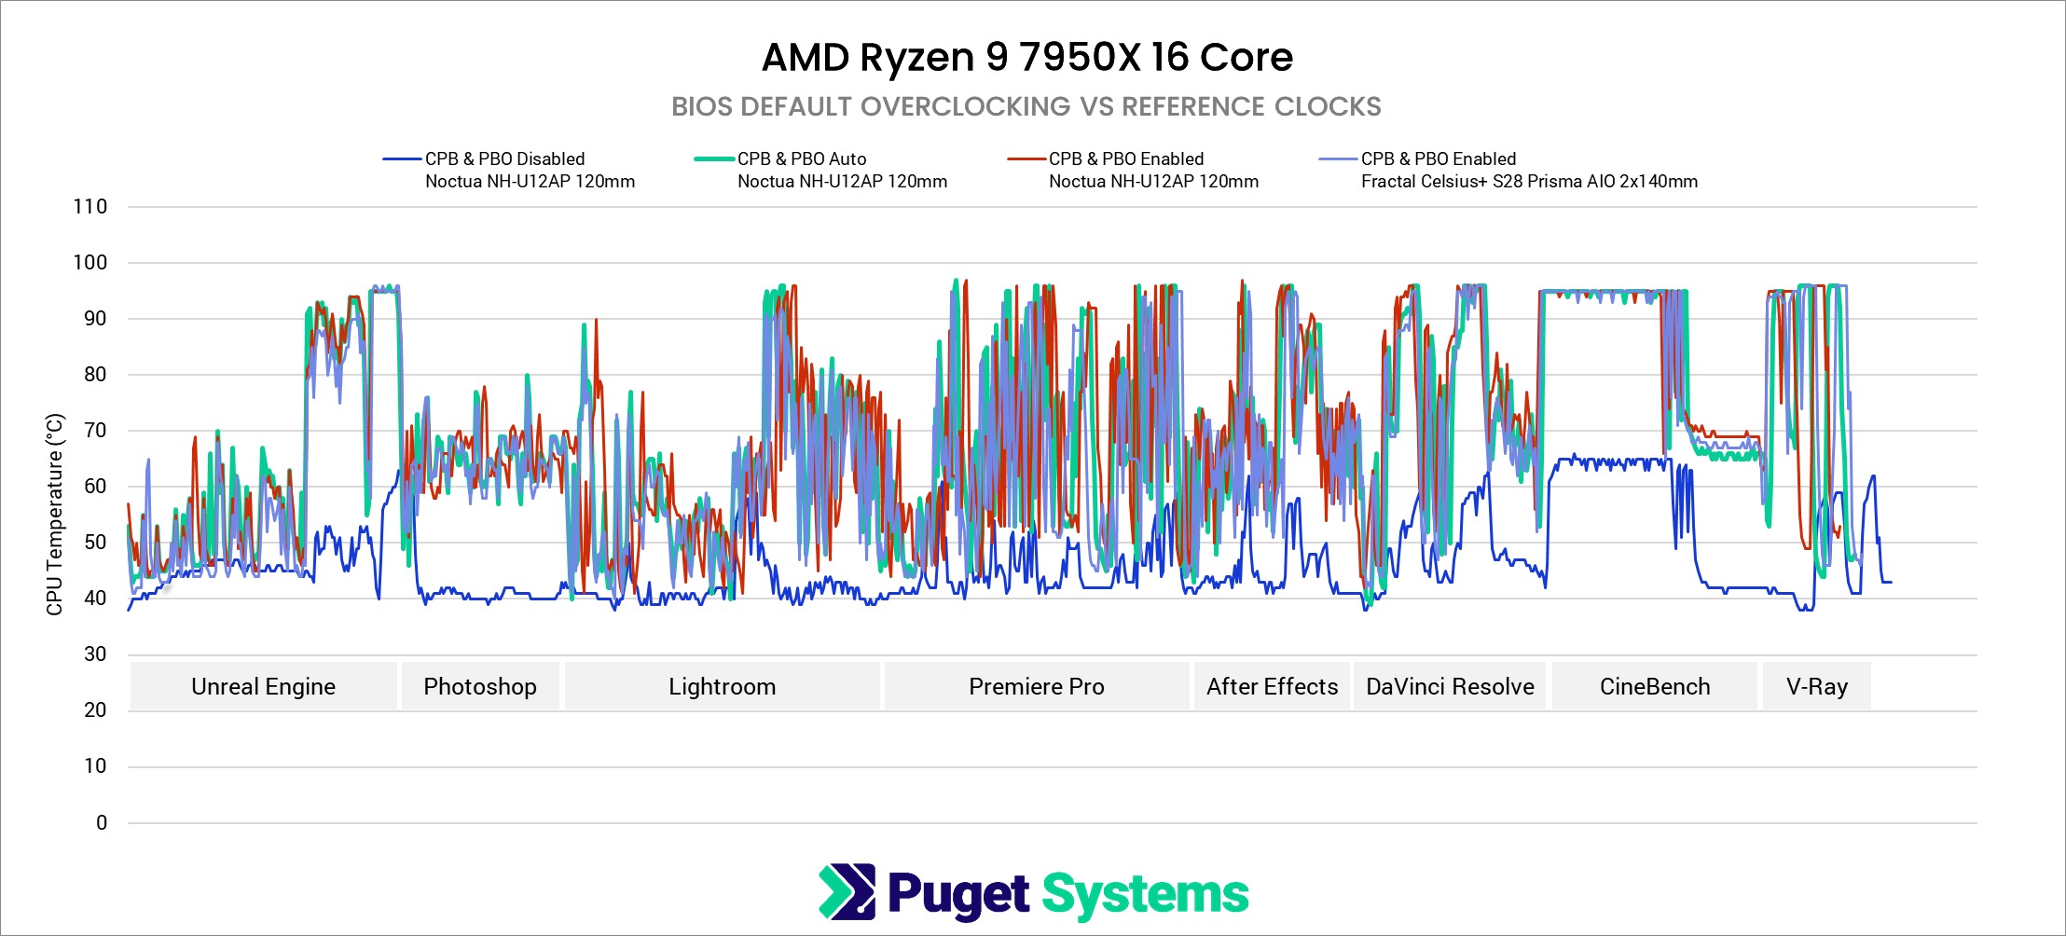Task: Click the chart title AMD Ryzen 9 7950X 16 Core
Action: click(1026, 58)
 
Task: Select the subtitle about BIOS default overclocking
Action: click(1026, 107)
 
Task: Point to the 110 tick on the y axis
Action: click(90, 207)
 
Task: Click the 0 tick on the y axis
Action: click(102, 823)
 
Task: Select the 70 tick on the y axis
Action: click(95, 431)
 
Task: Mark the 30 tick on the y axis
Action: click(95, 654)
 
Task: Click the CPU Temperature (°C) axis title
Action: click(55, 515)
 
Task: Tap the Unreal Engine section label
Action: click(263, 687)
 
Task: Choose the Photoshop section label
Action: click(480, 687)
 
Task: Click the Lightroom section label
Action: click(722, 687)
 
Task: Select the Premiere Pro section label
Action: click(1036, 687)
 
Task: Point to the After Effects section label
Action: click(1272, 687)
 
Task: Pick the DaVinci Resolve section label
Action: click(1450, 687)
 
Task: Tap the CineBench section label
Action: click(1655, 687)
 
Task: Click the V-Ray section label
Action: click(1816, 687)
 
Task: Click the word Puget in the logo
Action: click(958, 894)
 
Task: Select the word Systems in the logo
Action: click(1145, 894)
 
